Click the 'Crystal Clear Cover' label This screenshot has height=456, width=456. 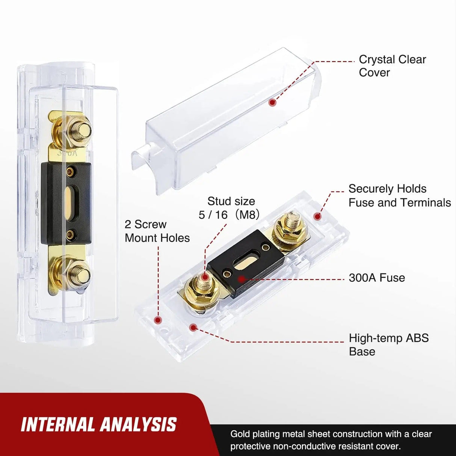392,66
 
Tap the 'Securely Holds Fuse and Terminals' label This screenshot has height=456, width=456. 399,195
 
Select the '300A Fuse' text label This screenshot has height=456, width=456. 377,278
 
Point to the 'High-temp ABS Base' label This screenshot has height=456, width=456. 388,344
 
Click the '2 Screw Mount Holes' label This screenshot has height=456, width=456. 157,231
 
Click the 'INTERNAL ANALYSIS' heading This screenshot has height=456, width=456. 98,425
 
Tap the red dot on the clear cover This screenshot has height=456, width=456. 273,103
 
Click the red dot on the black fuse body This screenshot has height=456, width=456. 241,279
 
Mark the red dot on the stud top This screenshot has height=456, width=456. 204,278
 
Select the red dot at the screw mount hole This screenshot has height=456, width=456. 158,320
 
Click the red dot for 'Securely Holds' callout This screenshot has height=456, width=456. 317,216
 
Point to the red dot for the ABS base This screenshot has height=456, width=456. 193,328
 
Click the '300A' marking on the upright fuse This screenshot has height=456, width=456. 68,153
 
